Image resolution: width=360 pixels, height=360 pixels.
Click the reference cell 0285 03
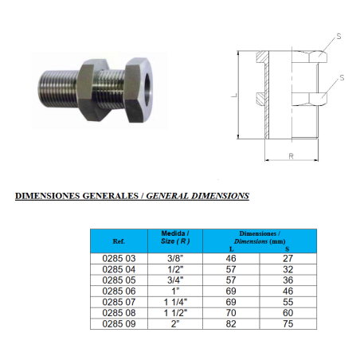(x=119, y=259)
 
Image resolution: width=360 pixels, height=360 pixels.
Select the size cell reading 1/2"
(x=175, y=269)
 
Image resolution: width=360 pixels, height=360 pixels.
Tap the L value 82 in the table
(x=231, y=324)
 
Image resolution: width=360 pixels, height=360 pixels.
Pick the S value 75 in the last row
(x=288, y=324)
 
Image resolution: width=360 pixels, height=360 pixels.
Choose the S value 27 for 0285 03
(x=288, y=259)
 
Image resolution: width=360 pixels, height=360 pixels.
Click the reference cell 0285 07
(x=119, y=302)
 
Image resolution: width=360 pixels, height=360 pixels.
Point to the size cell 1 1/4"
(x=175, y=302)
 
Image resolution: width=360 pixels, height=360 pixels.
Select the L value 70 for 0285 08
(x=231, y=313)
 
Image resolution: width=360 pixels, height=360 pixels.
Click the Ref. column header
(x=119, y=241)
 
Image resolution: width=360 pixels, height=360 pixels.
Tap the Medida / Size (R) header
(x=175, y=237)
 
